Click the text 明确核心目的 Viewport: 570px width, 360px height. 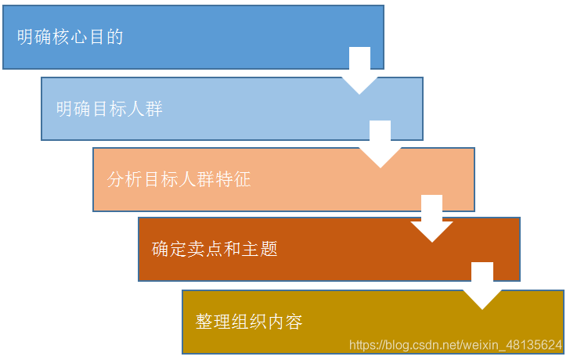(70, 37)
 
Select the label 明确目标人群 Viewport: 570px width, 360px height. (110, 109)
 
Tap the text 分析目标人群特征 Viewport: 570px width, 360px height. (179, 179)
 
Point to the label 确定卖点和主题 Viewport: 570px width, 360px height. (215, 250)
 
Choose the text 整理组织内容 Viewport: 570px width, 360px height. (249, 322)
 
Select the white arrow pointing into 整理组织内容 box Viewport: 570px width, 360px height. (482, 286)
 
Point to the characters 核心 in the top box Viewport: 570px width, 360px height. (70, 37)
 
